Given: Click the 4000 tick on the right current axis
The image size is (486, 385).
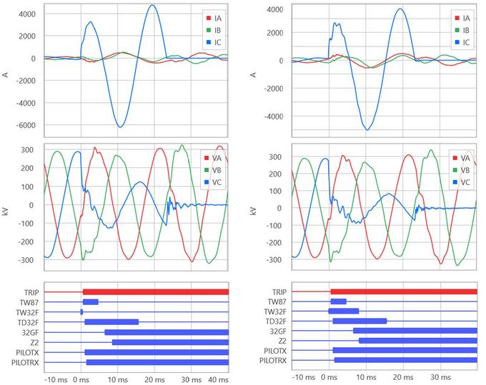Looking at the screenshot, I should click(x=274, y=10).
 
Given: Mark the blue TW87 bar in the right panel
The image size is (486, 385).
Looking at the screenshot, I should click(x=338, y=301).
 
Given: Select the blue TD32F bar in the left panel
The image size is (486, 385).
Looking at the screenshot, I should click(x=111, y=321).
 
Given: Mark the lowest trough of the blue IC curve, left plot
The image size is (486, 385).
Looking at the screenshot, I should click(x=120, y=127).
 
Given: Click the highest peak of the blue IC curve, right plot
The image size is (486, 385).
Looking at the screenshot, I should click(x=400, y=9).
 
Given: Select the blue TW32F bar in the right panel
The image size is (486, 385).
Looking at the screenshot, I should click(x=344, y=311).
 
